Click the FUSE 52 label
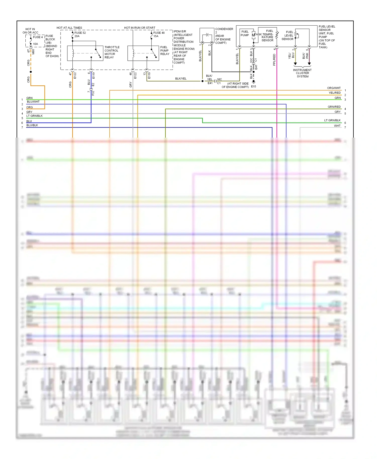pos(80,33)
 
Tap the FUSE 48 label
pos(159,33)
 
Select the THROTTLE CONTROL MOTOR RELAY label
pos(112,52)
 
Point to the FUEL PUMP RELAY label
pos(165,50)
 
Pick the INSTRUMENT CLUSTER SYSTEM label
pos(302,73)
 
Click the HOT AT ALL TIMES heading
pos(69,28)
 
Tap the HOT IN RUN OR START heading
pos(139,28)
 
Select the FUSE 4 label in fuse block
pos(38,37)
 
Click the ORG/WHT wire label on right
pos(334,88)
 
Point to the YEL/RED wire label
pos(335,93)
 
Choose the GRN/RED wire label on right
pos(334,107)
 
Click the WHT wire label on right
pos(337,126)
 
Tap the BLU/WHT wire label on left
pos(33,102)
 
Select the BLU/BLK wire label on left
pos(32,125)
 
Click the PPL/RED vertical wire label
pos(274,60)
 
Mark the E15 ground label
pos(253,87)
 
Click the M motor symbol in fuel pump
pos(253,35)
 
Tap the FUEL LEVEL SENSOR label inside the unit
pos(288,36)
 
